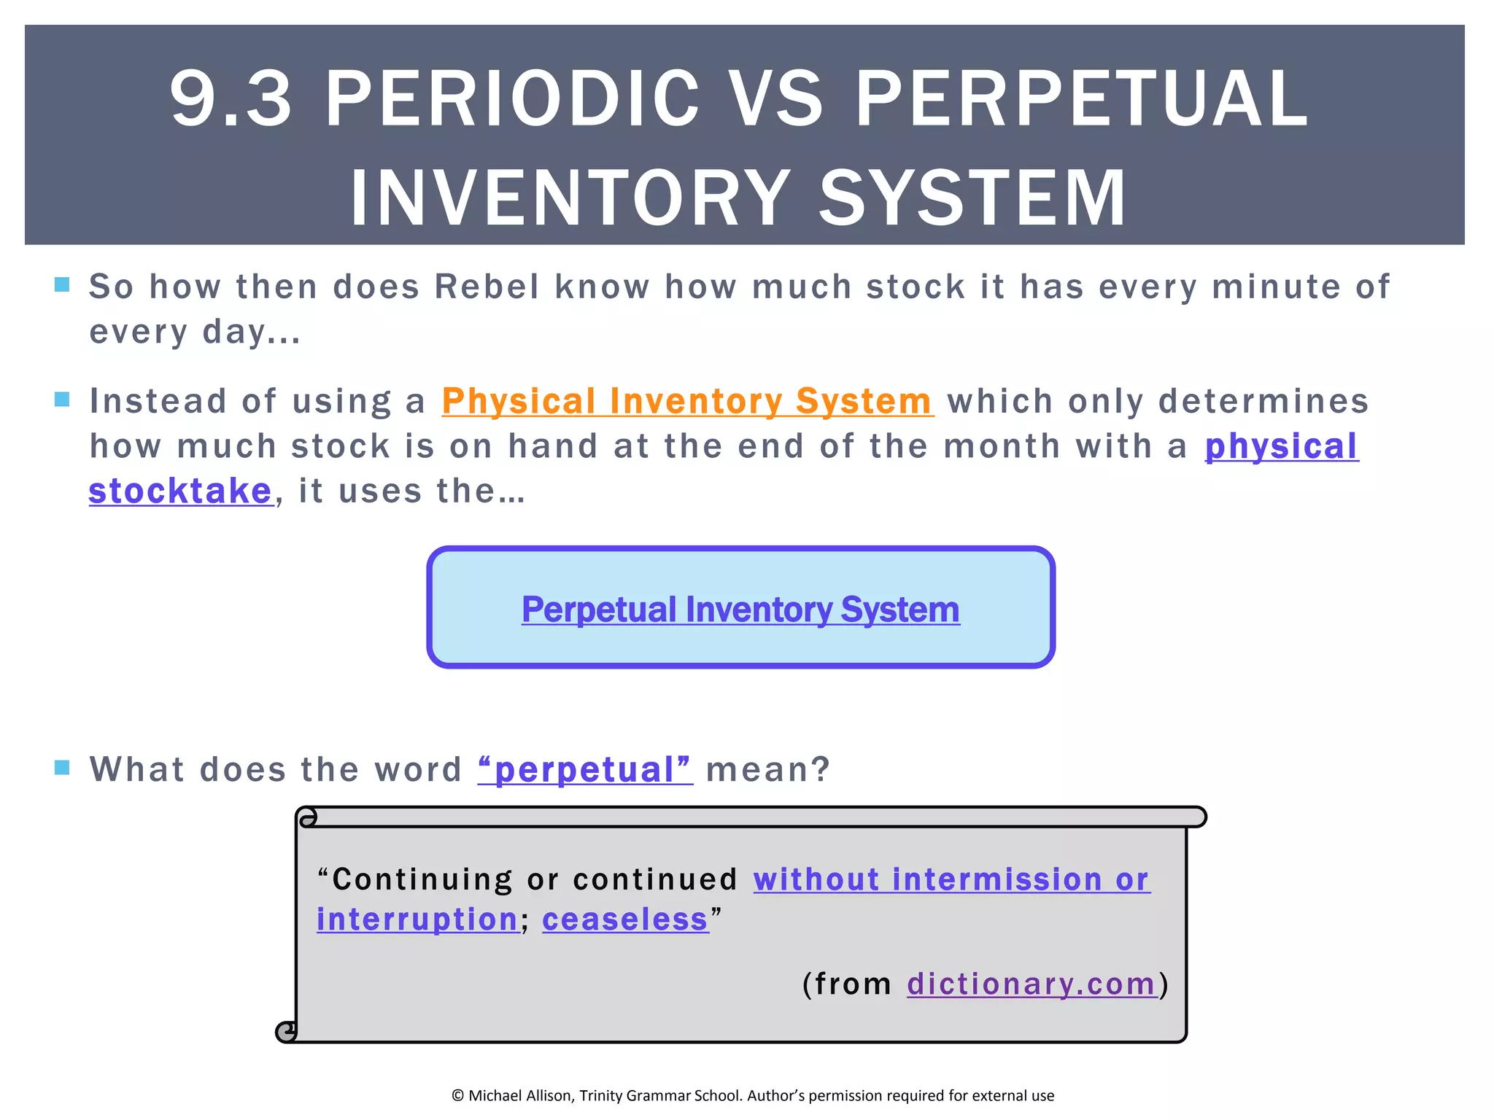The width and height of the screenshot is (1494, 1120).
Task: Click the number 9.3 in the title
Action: coord(231,98)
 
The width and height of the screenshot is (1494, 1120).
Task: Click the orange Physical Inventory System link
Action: coord(687,401)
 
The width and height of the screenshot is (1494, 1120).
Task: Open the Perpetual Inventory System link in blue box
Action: coord(740,610)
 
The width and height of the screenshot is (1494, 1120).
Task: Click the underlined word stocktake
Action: coord(180,491)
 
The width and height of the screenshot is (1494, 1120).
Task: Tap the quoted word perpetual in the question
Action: coord(585,769)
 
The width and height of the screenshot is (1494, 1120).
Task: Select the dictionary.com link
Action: coord(1032,984)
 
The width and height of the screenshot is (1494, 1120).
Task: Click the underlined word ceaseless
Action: coord(625,919)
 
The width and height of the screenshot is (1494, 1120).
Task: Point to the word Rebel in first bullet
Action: coord(487,287)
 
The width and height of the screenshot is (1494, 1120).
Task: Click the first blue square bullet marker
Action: coord(62,284)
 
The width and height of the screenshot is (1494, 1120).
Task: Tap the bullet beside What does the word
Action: coord(62,767)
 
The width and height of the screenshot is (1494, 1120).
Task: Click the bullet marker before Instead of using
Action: coord(62,399)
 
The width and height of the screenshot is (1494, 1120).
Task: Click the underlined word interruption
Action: coord(417,919)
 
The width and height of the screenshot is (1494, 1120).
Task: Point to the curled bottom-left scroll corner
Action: coord(287,1031)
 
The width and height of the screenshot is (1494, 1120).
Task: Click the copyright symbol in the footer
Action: coord(458,1095)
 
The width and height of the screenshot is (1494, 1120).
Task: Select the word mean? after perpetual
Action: coord(768,769)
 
